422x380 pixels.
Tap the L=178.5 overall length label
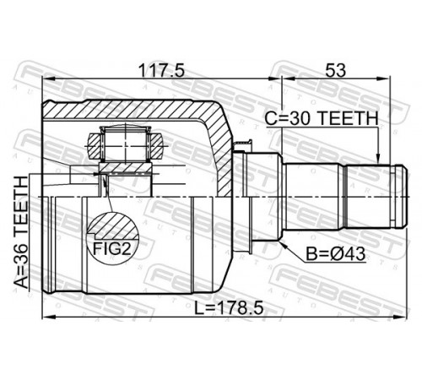(230, 307)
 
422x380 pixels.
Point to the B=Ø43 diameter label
(336, 254)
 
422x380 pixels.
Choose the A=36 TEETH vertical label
(22, 232)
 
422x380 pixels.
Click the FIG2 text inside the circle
(112, 248)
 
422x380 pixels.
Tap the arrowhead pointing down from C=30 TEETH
(378, 158)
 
